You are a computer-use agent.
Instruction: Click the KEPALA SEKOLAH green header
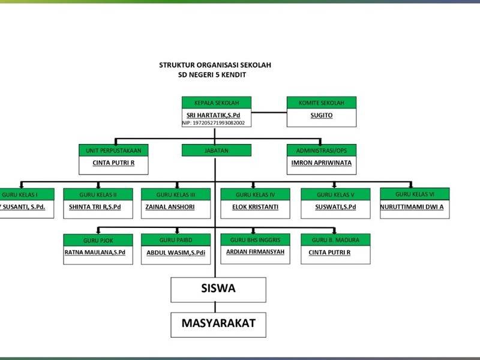click(216, 103)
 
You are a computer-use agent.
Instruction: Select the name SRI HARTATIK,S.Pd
click(214, 115)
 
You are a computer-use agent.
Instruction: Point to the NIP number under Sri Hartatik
click(214, 123)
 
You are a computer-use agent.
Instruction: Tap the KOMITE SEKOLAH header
click(322, 103)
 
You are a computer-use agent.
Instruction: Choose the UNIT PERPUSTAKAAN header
click(113, 150)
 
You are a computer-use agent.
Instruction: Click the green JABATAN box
click(216, 150)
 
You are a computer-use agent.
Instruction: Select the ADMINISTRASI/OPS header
click(322, 150)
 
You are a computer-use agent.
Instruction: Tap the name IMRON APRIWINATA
click(322, 163)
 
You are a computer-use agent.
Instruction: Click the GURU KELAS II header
click(98, 194)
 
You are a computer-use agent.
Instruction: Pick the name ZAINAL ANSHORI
click(170, 207)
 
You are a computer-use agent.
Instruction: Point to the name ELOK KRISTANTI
click(256, 207)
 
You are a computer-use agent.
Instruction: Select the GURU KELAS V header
click(335, 194)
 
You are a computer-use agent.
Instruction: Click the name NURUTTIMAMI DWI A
click(412, 207)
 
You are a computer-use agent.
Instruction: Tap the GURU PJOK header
click(98, 240)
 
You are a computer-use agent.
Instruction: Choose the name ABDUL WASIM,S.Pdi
click(176, 253)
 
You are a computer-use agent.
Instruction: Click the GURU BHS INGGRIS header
click(255, 240)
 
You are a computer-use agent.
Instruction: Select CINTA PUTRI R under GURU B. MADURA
click(329, 253)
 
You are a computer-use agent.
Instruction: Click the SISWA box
click(218, 289)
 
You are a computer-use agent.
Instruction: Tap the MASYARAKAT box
click(218, 323)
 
